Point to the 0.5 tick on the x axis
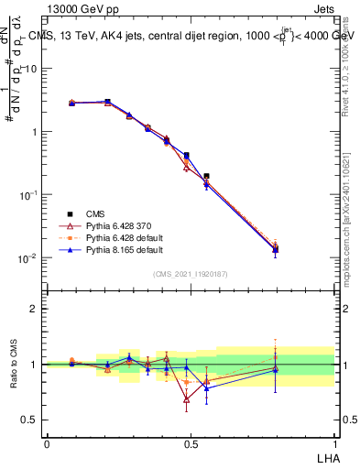tap(191, 444)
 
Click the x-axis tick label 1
tap(333, 444)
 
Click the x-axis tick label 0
tap(47, 444)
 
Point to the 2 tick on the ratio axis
tap(33, 309)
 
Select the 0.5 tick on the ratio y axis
tap(29, 420)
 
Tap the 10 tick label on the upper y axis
tap(29, 69)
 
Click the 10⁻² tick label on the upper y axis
tap(27, 258)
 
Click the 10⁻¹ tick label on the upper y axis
tap(27, 195)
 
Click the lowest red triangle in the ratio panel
tap(187, 399)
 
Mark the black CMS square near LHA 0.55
tap(206, 176)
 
